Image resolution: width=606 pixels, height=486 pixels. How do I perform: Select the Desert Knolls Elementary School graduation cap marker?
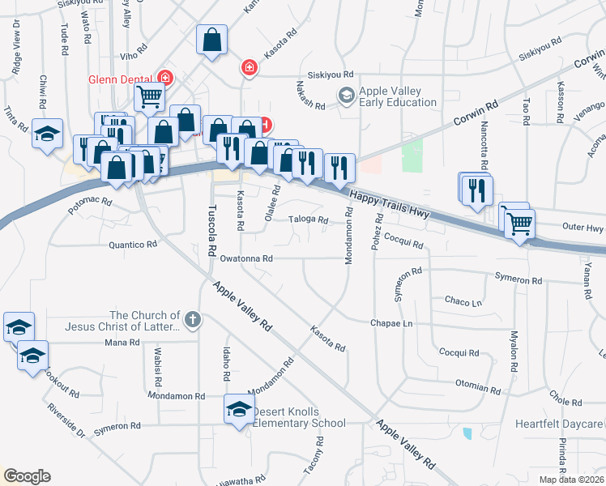pyautogui.click(x=239, y=410)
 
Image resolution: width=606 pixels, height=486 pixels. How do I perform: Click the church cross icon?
pyautogui.click(x=191, y=320)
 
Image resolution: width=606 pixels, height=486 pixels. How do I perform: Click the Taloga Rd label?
pyautogui.click(x=309, y=220)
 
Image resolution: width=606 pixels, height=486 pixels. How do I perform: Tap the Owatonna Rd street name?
pyautogui.click(x=245, y=258)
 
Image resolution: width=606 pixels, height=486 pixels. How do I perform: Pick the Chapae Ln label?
pyautogui.click(x=391, y=323)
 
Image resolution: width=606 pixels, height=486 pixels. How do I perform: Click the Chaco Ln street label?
pyautogui.click(x=463, y=301)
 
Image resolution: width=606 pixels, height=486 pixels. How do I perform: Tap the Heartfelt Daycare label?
pyautogui.click(x=559, y=424)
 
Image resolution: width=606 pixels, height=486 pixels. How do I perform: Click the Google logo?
pyautogui.click(x=27, y=476)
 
